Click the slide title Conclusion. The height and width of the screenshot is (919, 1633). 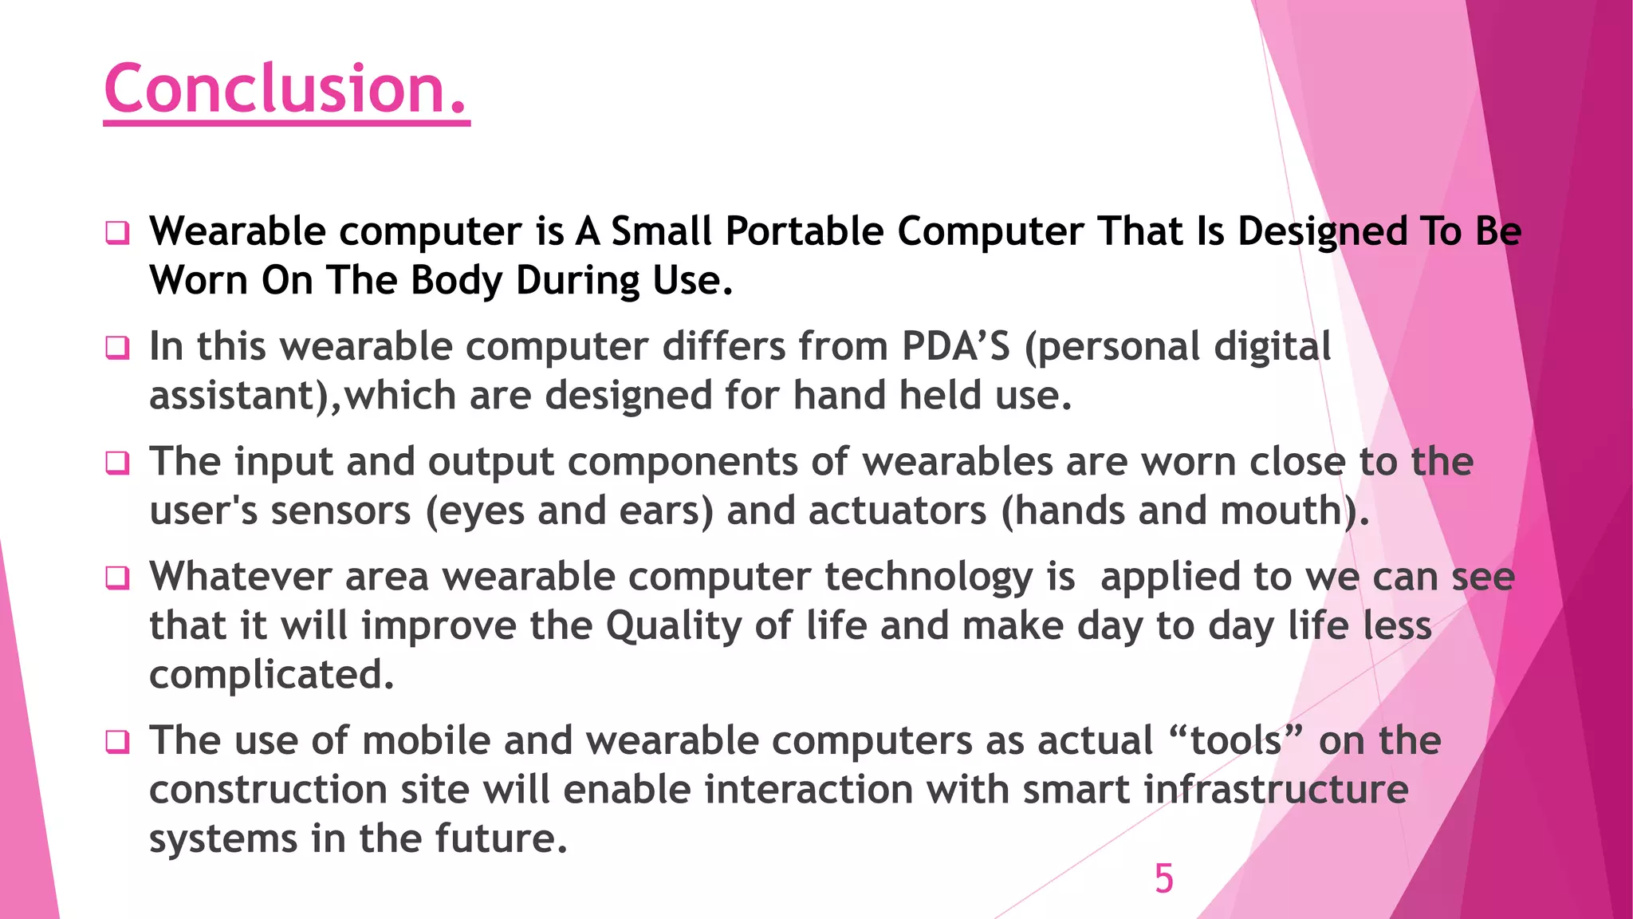coord(285,89)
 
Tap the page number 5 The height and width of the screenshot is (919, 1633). coord(1163,879)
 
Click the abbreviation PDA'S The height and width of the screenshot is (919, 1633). coord(956,347)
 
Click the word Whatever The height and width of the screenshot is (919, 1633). coord(240,577)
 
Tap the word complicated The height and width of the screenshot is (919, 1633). coord(272,676)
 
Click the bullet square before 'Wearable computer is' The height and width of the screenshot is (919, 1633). coord(117,234)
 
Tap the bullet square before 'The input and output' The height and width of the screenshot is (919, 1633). coord(117,463)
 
